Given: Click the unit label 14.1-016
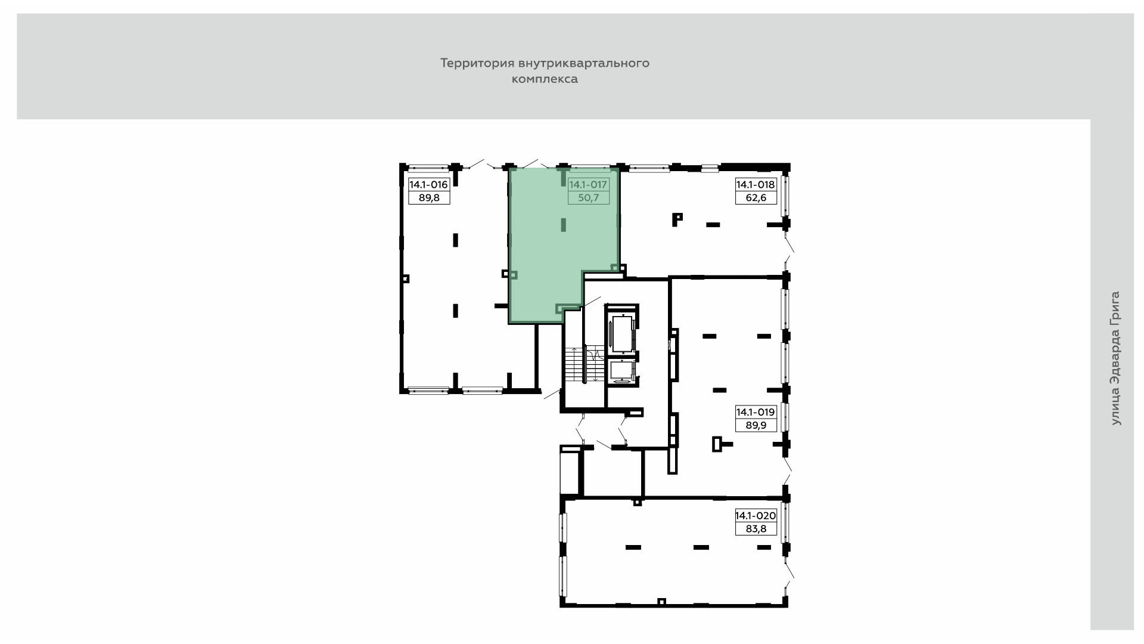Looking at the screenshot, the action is coord(428,185).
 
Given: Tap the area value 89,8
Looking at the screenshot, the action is coord(429,198).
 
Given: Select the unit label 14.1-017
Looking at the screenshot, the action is coord(588,185).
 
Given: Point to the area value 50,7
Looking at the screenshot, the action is coord(588,198).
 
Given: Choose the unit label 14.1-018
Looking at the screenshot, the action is coord(756,185).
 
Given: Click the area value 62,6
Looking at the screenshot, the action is coord(756,198).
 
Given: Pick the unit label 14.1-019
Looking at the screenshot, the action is coord(756,412).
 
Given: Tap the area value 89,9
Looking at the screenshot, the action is coord(756,425).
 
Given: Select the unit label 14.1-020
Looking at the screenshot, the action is coord(756,516).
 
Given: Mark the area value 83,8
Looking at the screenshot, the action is coord(756,529).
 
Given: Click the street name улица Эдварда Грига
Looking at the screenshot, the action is coord(1115,358).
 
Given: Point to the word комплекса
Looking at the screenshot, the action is coord(545,79).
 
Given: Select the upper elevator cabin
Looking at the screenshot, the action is coord(621,334).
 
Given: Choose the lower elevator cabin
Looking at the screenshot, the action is coord(621,371).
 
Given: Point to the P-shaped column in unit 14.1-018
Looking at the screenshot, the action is coord(677,219).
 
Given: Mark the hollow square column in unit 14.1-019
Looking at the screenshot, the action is coord(717,444).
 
